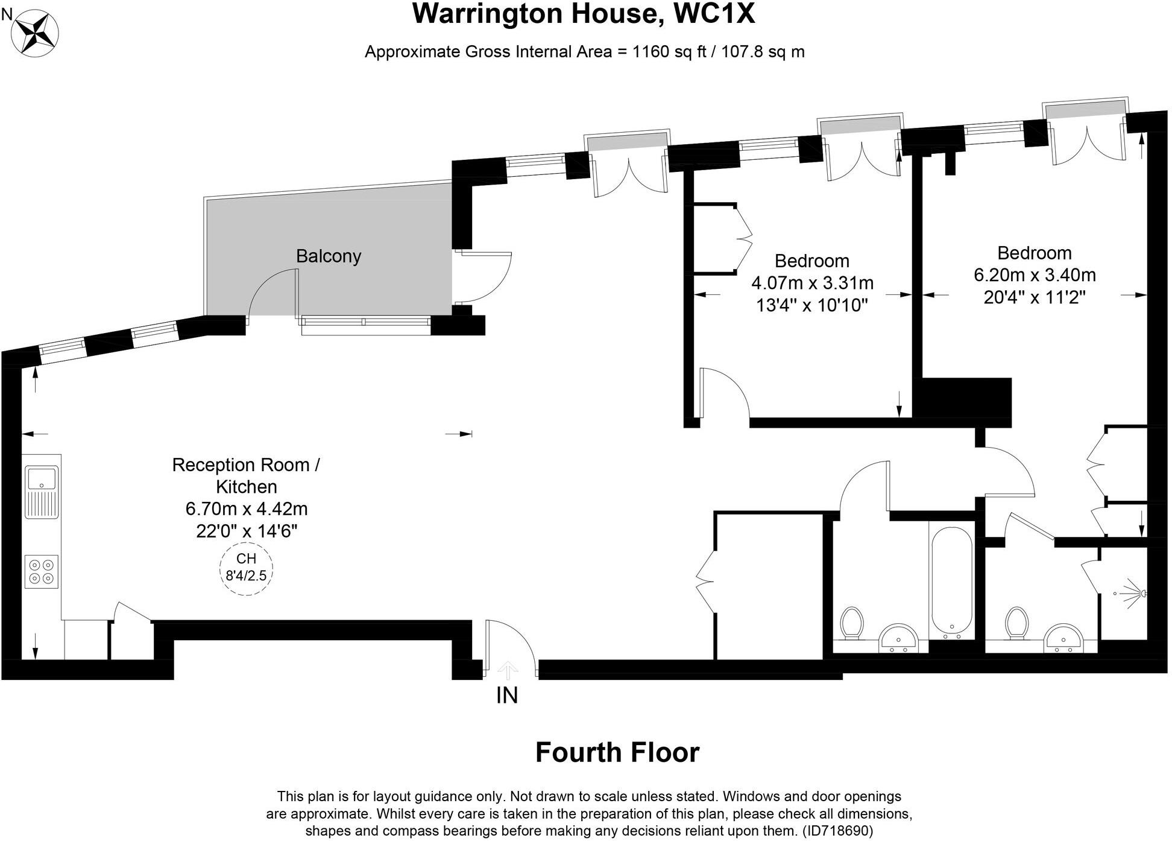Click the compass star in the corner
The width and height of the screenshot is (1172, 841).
click(x=36, y=33)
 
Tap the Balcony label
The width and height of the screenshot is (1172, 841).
click(x=328, y=256)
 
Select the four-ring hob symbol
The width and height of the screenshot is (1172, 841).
click(x=42, y=571)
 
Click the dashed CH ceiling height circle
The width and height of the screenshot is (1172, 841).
click(x=246, y=568)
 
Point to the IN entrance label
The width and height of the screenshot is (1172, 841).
click(x=506, y=696)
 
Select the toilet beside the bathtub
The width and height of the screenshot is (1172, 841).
click(x=852, y=623)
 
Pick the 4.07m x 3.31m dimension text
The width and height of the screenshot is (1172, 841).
click(x=811, y=283)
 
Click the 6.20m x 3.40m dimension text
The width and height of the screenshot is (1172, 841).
click(x=1035, y=275)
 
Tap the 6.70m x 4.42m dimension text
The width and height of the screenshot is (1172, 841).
click(x=246, y=509)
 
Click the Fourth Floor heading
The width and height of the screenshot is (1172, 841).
click(x=617, y=752)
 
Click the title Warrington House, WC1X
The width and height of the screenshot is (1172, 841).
click(x=583, y=14)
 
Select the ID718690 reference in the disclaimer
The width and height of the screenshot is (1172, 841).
click(x=838, y=831)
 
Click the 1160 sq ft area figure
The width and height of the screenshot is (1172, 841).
click(x=668, y=52)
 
